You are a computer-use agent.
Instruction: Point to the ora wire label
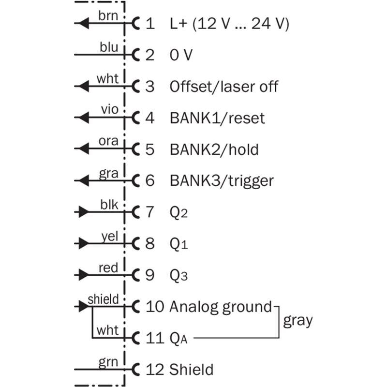pos(108,141)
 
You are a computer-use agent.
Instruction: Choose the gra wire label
pos(108,173)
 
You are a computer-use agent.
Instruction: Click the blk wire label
pos(109,204)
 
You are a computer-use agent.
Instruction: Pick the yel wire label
pos(109,236)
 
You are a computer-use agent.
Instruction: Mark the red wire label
pos(108,267)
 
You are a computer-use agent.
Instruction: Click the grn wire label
pos(108,361)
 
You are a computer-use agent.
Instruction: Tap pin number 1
pos(150,23)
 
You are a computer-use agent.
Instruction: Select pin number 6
pos(150,181)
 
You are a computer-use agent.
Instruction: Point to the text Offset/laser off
pos(224,87)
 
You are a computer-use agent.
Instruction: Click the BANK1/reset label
pos(217,118)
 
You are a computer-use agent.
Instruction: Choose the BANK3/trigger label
pos(222,181)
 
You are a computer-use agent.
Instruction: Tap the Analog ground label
pos(221,307)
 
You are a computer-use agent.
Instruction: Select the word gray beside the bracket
pos(298,320)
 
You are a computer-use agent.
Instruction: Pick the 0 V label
pos(181,55)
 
